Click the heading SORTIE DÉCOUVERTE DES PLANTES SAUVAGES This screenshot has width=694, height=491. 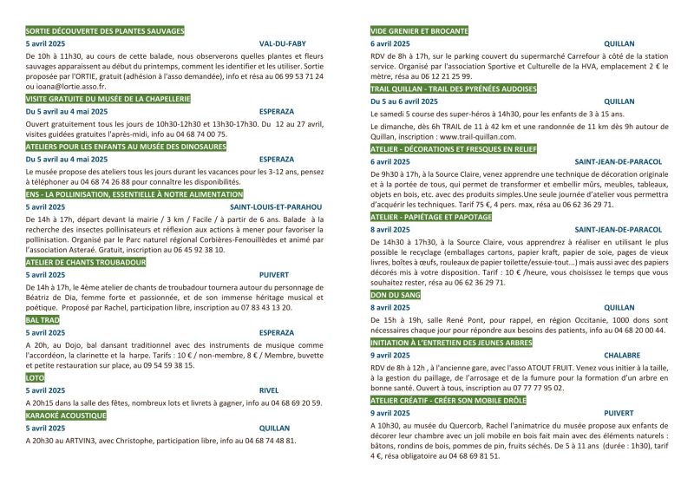coord(105,31)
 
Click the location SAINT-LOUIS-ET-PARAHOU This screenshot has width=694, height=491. coord(276,207)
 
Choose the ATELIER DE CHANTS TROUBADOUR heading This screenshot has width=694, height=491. coord(85,262)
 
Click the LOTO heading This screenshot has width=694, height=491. coord(36,378)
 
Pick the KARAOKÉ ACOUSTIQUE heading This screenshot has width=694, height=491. coord(66,416)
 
